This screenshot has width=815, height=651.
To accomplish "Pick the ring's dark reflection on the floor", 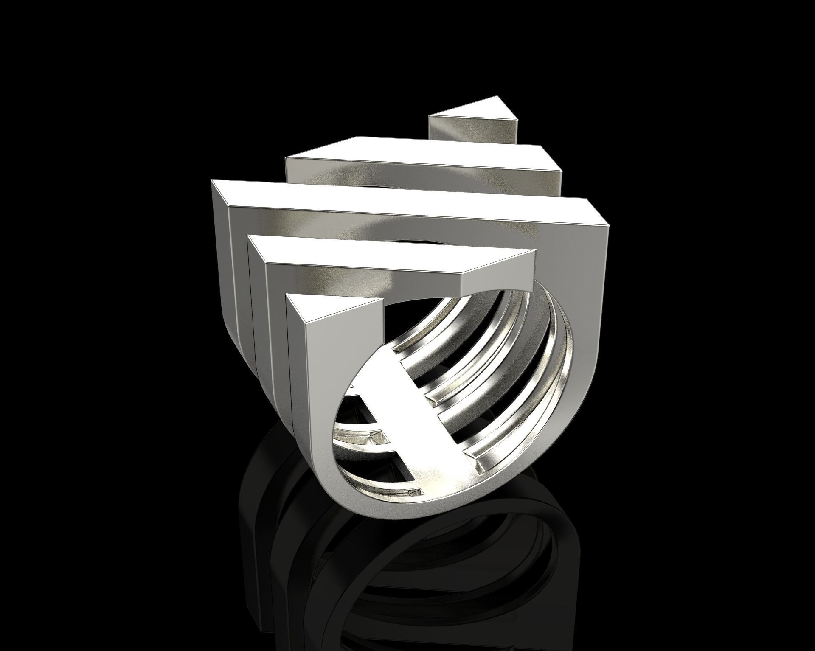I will (x=424, y=594).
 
